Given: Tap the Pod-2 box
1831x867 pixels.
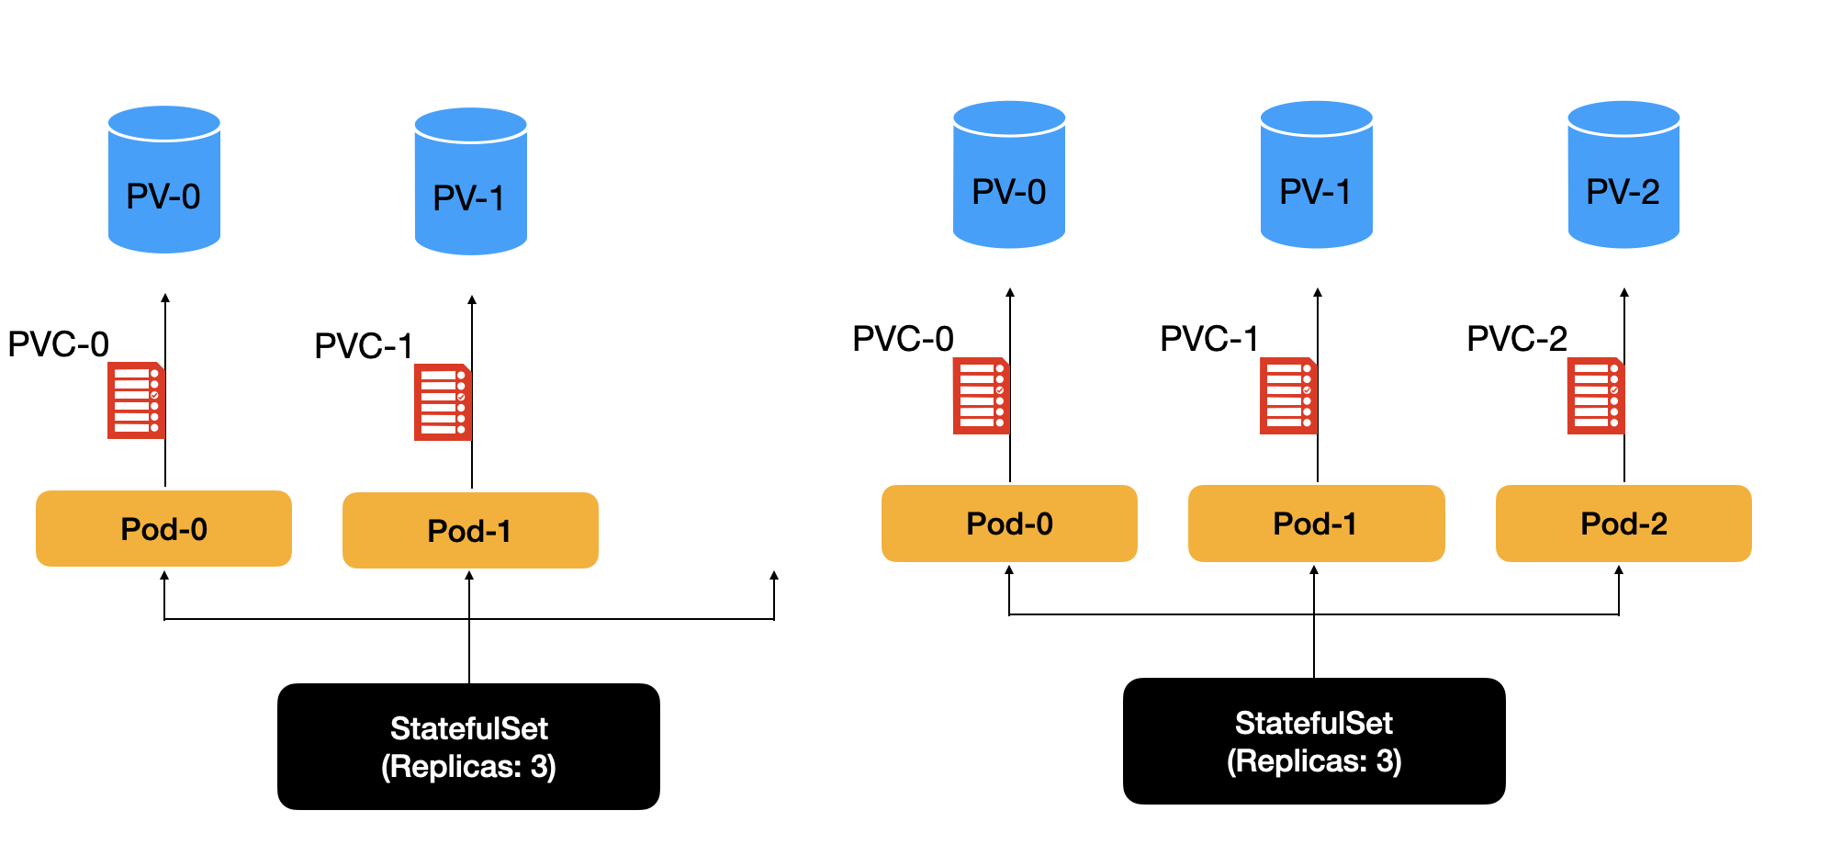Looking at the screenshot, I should (1623, 524).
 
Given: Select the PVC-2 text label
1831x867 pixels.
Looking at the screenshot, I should (1516, 339).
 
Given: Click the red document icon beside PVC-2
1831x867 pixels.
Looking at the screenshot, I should (1595, 396).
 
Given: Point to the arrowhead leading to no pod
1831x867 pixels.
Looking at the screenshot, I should (774, 576).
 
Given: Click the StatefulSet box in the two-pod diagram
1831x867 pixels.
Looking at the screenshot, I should (468, 746).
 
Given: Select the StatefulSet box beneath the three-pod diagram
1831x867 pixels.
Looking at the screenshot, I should (1313, 741).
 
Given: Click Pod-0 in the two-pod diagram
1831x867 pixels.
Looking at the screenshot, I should (163, 529).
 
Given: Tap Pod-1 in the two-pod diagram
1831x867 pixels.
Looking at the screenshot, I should (470, 531).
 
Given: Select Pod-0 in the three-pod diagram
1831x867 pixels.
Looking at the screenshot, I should (1008, 524).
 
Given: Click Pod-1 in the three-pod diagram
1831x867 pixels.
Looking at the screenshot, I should (1316, 524).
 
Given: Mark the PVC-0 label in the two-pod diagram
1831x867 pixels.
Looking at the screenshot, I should (58, 344).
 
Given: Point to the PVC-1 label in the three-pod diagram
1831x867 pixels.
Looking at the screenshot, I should (1208, 339).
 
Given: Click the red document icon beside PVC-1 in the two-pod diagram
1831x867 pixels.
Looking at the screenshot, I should (442, 402).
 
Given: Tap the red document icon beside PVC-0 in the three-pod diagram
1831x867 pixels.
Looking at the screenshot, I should (980, 396).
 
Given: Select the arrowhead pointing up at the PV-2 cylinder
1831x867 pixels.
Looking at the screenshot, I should (1623, 293).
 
